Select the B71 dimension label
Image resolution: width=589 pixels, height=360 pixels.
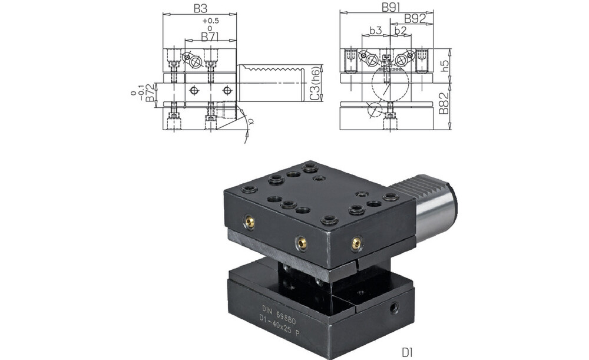coord(210,37)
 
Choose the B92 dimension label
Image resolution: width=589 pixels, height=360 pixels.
coord(415,19)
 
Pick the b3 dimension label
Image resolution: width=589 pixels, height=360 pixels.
coord(376,30)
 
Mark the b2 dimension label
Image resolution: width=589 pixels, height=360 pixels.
coord(401,30)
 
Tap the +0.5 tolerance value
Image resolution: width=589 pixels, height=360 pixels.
coord(210,21)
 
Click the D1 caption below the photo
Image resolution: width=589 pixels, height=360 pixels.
coord(407,352)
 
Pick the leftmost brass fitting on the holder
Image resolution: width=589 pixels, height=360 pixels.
coord(250,222)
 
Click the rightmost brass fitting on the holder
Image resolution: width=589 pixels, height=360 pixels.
coord(355,242)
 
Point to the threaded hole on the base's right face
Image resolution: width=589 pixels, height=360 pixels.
coord(394,308)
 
